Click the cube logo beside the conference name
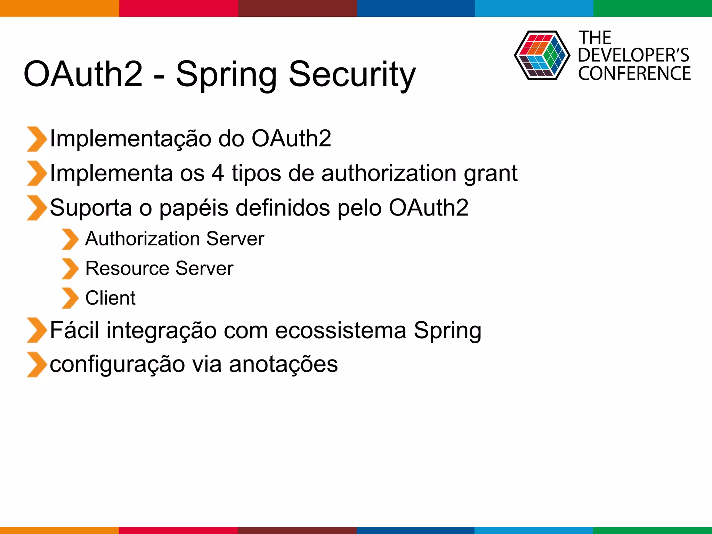click(x=542, y=56)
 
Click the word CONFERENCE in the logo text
click(x=634, y=74)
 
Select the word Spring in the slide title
click(x=226, y=74)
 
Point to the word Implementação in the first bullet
click(x=130, y=139)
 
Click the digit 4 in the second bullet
click(x=218, y=173)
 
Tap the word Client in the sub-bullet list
click(x=110, y=298)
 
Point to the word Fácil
click(x=74, y=330)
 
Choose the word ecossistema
click(x=341, y=330)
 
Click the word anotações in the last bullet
click(x=283, y=364)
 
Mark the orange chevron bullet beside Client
click(x=70, y=298)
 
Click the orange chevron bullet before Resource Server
click(x=70, y=269)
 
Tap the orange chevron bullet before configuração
click(x=36, y=365)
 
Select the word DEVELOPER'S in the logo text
click(x=633, y=55)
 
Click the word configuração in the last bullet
click(x=117, y=364)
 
